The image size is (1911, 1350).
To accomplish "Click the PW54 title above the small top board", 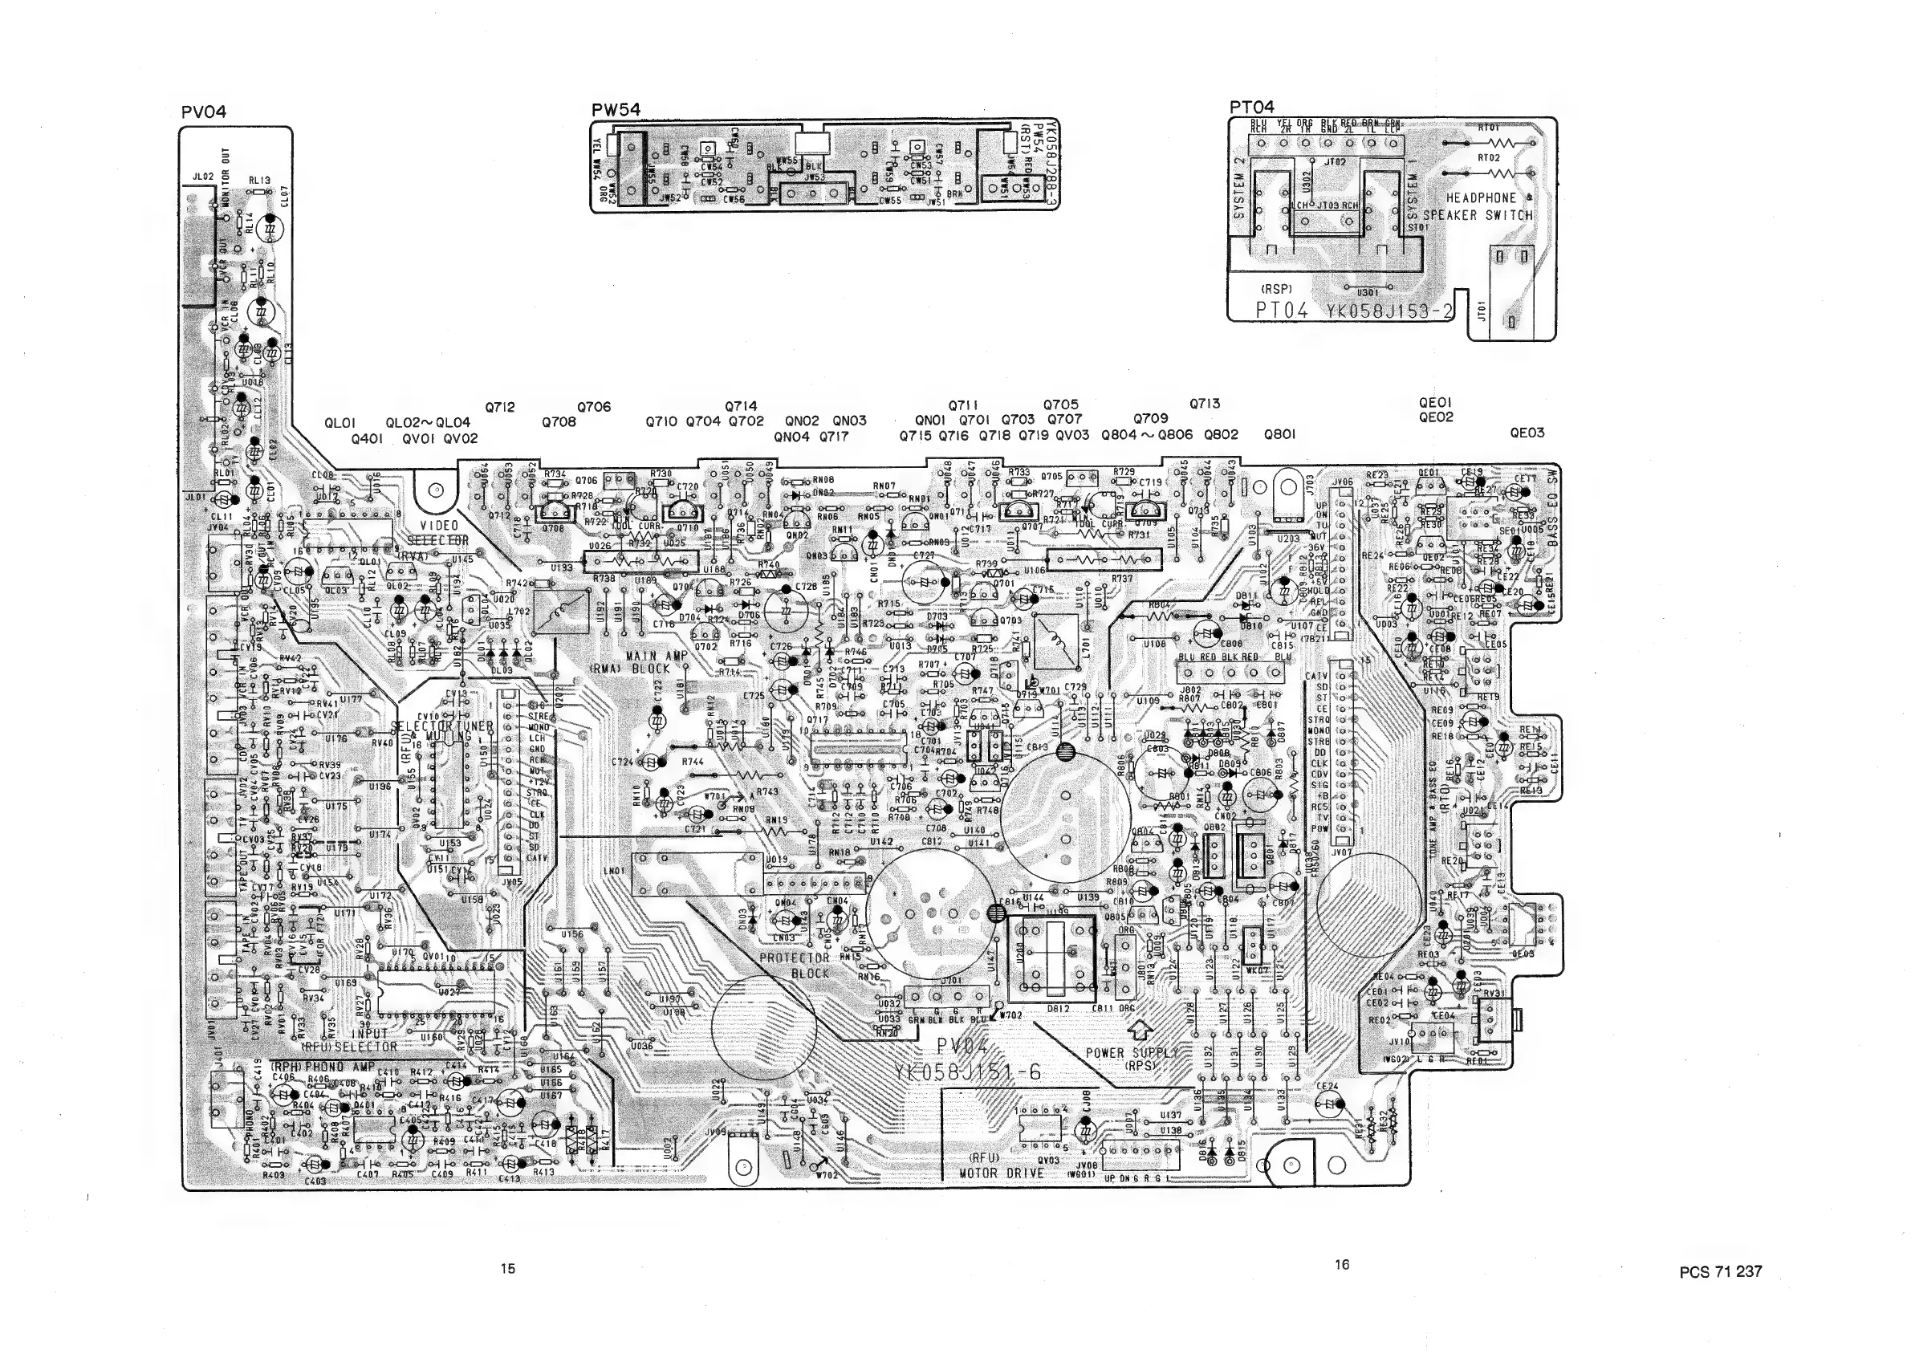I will (x=615, y=109).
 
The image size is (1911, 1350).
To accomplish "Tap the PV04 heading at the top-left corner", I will (x=203, y=112).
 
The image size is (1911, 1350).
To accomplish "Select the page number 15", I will (x=508, y=1268).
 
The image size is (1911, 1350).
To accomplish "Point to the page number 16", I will (x=1342, y=1264).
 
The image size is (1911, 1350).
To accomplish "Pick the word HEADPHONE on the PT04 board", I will (x=1481, y=198).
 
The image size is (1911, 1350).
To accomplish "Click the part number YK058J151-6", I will (x=967, y=1072).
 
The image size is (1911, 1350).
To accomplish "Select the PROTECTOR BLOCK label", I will (x=795, y=965).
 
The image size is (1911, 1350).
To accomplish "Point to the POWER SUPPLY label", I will (x=1131, y=1053).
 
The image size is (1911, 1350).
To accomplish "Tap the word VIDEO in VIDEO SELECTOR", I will (x=439, y=525).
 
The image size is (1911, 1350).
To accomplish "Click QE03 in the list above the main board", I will (x=1527, y=433).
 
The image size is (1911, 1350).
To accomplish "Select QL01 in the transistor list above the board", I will (x=340, y=423).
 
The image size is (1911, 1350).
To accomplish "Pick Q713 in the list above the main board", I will (x=1204, y=404).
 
